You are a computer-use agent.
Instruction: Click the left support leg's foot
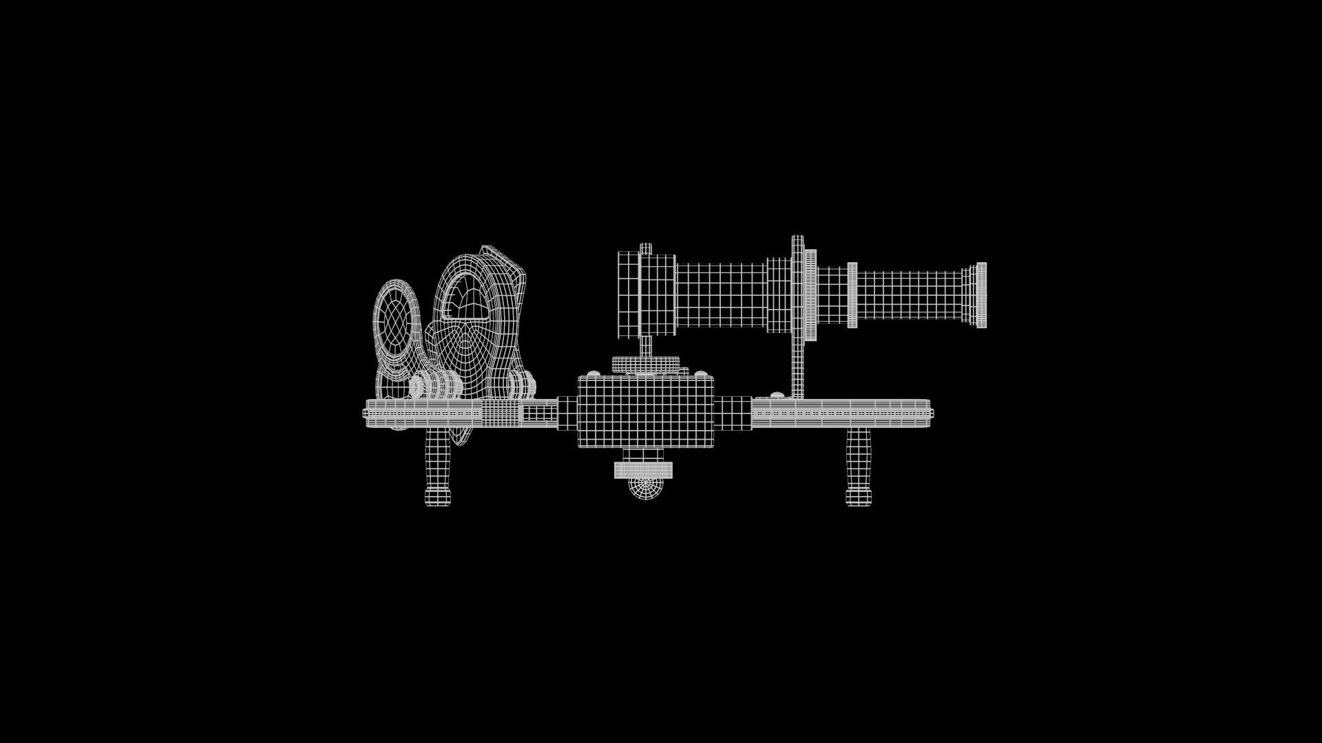coord(437,497)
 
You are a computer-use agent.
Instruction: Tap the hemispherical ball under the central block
coord(645,488)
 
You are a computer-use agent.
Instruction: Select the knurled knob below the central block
coord(643,470)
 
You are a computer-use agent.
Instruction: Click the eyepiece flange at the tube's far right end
coord(980,295)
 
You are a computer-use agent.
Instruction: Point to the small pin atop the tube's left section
coord(646,248)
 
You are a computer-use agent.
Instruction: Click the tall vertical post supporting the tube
coord(797,365)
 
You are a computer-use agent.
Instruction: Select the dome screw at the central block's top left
coord(591,374)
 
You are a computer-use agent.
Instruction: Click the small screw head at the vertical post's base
coord(776,395)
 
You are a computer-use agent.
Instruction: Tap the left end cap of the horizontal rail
coord(365,413)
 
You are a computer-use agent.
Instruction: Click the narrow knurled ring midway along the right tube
coord(852,295)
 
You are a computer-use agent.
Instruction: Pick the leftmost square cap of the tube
coord(628,295)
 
